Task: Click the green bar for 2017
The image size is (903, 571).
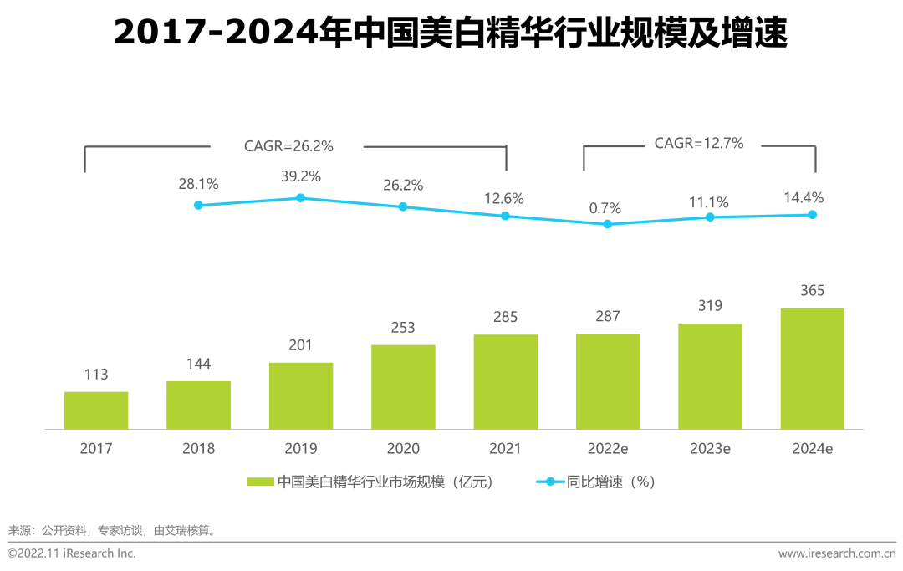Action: pos(96,410)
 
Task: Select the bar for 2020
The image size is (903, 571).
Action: pos(403,387)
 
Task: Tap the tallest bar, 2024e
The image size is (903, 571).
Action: pos(812,369)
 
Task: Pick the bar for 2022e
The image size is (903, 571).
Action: pos(608,381)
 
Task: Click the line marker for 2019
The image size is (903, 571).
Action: pos(301,198)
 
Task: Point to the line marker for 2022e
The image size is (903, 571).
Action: pos(608,224)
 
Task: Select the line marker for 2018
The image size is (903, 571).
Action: pos(198,205)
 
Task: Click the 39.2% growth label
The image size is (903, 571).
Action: pos(301,176)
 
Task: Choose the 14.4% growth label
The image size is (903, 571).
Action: pos(804,198)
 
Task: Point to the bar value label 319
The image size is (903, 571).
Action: pos(710,306)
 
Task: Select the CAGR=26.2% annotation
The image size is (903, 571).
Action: pos(288,146)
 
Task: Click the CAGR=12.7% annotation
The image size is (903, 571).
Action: pos(699,143)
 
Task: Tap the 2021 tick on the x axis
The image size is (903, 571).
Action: pos(505,449)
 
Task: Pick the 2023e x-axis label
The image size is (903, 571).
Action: pos(710,449)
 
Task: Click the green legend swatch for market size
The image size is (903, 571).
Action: pos(260,482)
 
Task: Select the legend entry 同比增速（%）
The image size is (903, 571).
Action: pos(610,482)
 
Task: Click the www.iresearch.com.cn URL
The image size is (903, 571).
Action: pos(836,553)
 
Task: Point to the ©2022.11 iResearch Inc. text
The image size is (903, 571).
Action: pos(72,553)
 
